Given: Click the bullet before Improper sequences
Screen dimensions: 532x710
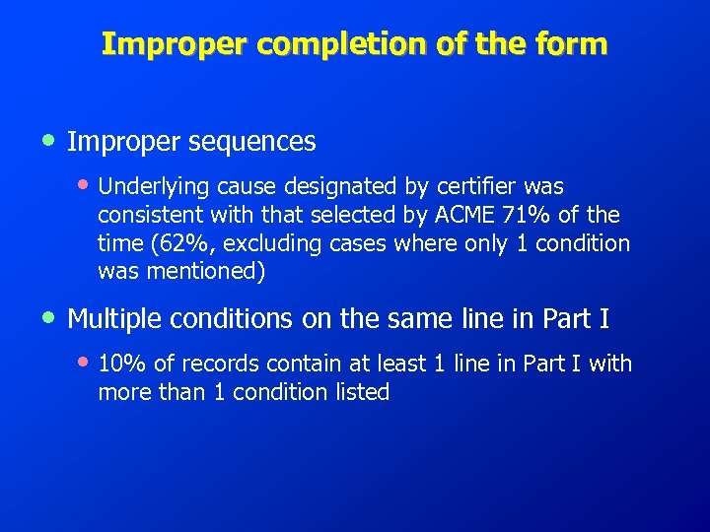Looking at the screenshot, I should (x=49, y=141).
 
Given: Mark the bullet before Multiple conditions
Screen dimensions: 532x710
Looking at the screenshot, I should (x=49, y=317).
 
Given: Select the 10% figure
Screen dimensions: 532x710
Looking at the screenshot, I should (x=119, y=364).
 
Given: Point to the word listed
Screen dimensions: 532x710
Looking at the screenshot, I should (x=361, y=392).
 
